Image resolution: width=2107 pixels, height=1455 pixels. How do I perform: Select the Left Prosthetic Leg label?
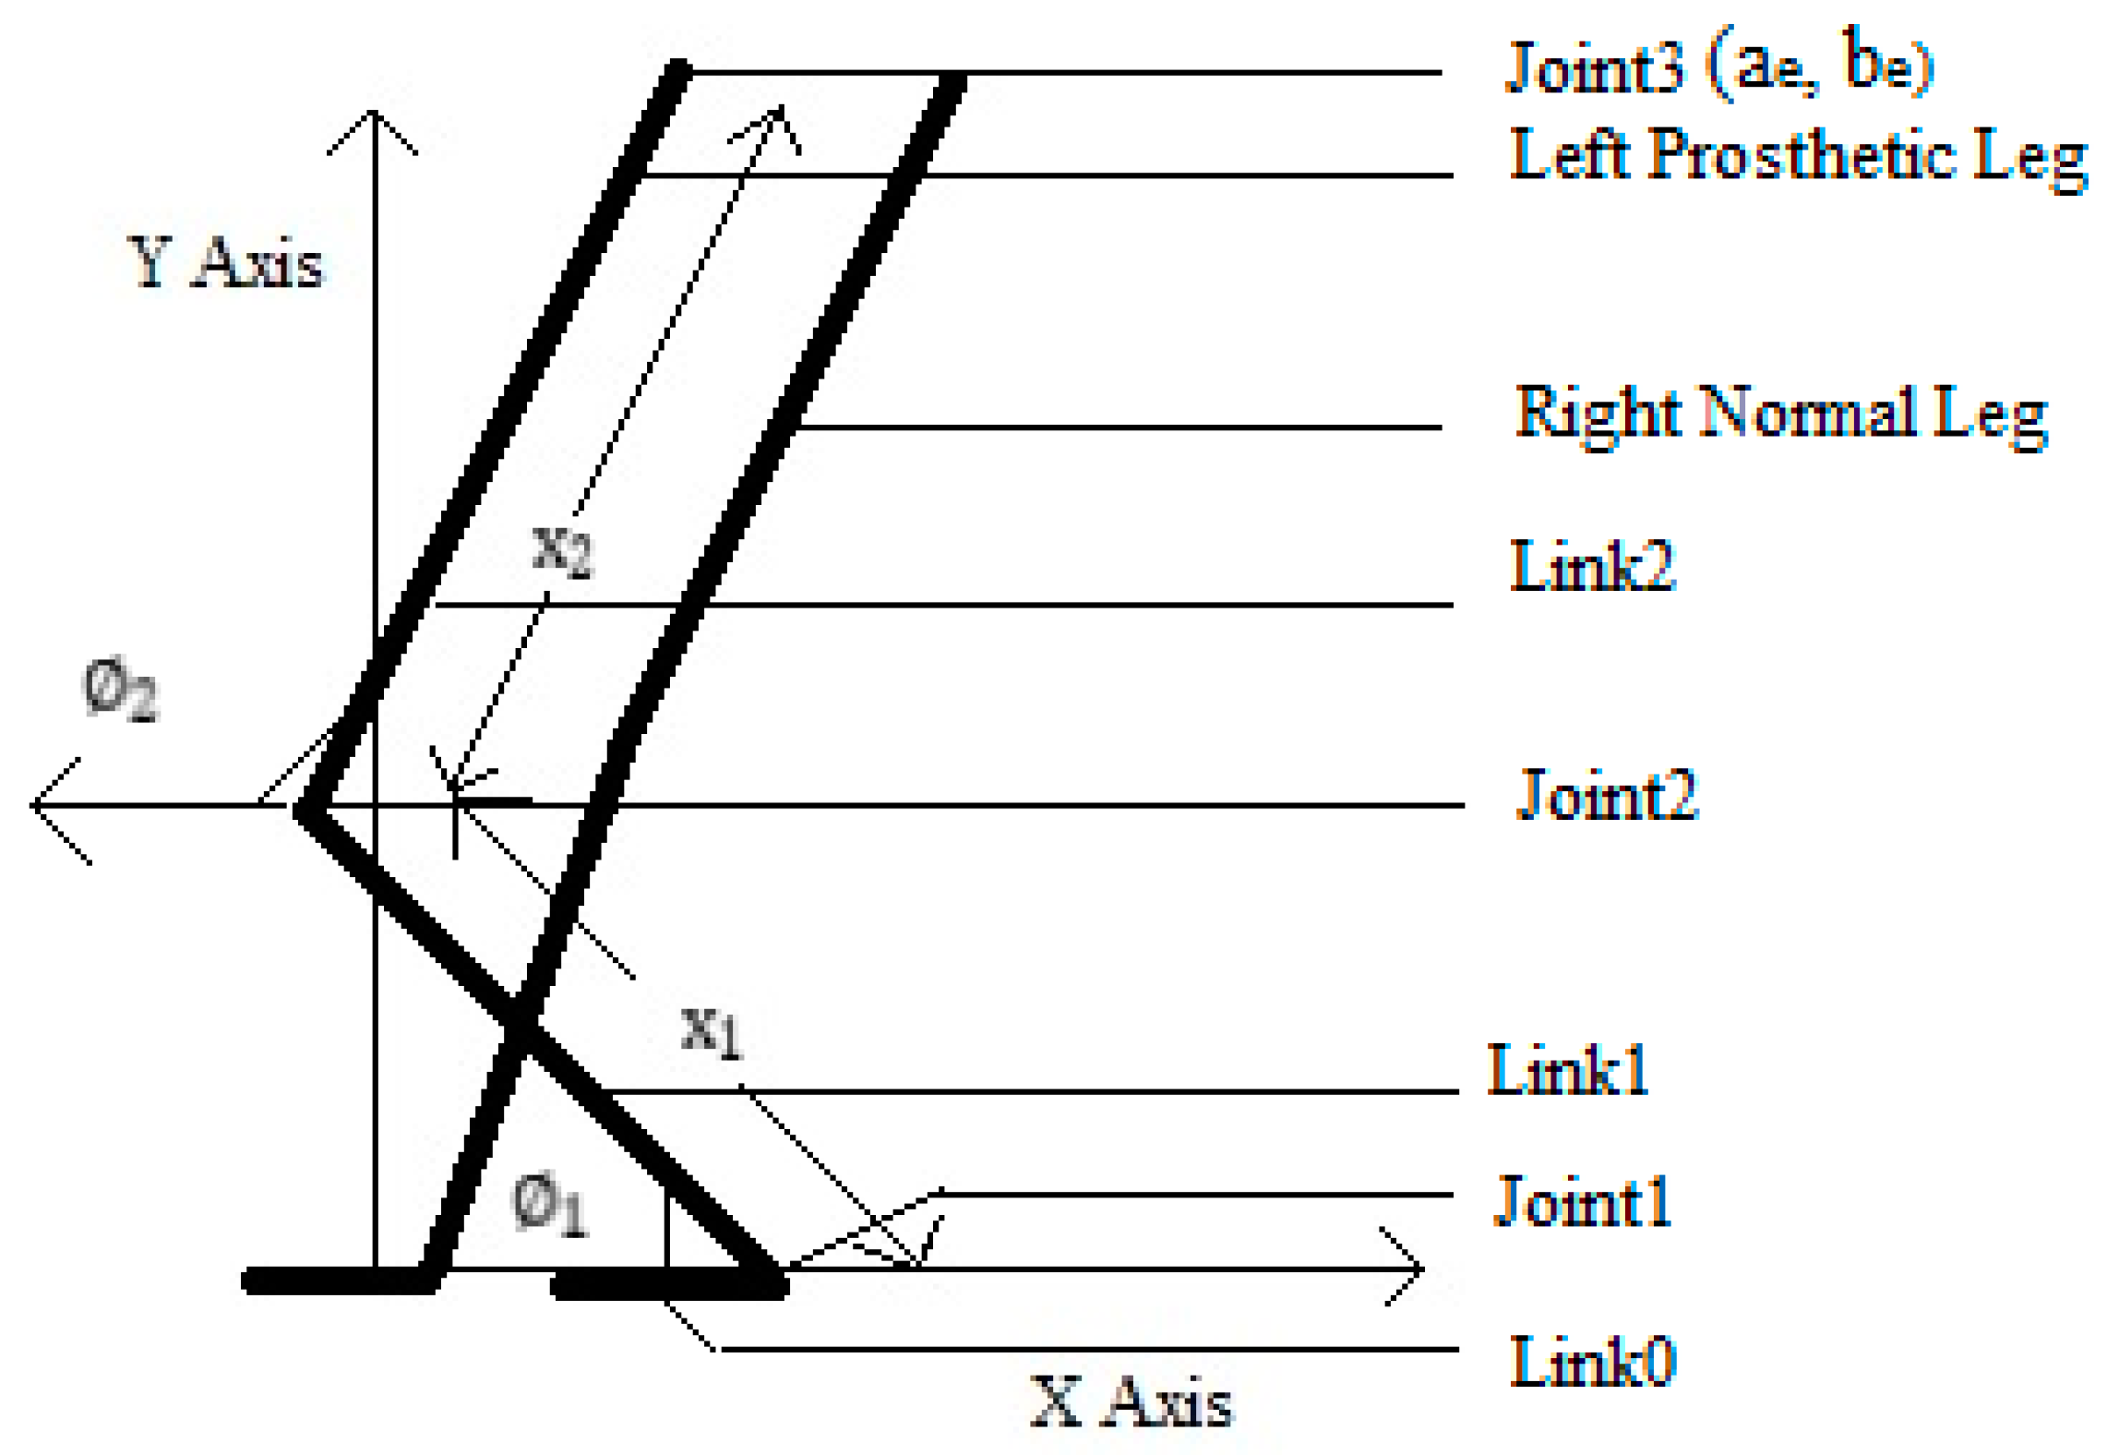tap(1796, 157)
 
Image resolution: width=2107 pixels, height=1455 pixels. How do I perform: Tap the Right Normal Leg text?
tap(1781, 414)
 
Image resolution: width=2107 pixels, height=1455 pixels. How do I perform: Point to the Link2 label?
tap(1591, 566)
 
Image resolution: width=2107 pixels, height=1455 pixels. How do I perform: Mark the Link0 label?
tap(1592, 1361)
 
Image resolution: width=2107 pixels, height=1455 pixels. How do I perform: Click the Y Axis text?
tap(225, 263)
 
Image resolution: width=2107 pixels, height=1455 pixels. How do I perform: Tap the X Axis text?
tap(1131, 1403)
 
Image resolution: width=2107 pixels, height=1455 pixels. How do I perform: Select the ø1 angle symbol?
tap(549, 1205)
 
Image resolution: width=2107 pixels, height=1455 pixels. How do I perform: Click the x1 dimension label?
tap(711, 1031)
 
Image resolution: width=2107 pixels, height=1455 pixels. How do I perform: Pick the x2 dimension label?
tap(562, 551)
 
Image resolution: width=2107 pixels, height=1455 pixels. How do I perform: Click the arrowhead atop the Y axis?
tap(373, 118)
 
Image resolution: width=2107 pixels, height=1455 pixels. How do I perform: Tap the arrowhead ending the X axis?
tap(1417, 1269)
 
